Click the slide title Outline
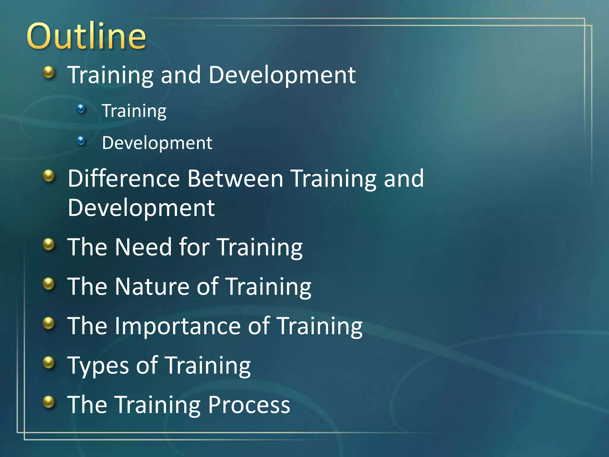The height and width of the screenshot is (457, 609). click(86, 36)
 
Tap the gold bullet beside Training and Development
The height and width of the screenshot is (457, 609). click(49, 72)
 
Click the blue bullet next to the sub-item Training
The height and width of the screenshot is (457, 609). click(81, 109)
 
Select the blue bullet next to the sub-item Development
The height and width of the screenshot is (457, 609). click(81, 141)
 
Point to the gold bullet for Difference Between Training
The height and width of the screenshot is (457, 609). click(49, 176)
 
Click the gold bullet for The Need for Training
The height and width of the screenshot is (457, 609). click(49, 245)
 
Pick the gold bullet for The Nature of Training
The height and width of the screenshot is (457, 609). click(49, 284)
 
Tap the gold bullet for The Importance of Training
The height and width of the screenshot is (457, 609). click(49, 323)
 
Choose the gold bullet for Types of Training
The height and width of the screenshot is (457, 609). click(49, 363)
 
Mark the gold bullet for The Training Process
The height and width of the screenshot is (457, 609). click(49, 402)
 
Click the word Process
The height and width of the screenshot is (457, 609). click(249, 405)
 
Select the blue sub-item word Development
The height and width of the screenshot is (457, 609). click(157, 143)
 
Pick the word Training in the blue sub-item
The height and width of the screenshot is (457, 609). click(134, 111)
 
